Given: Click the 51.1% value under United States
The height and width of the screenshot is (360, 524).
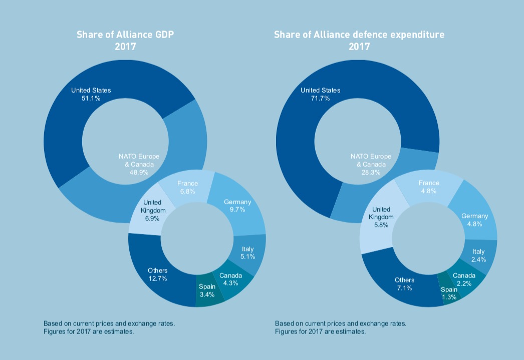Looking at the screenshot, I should pyautogui.click(x=91, y=99).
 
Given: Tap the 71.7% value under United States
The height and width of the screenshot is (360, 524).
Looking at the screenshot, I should pyautogui.click(x=320, y=99).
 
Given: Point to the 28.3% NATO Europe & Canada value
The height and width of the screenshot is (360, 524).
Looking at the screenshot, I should pyautogui.click(x=371, y=172).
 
